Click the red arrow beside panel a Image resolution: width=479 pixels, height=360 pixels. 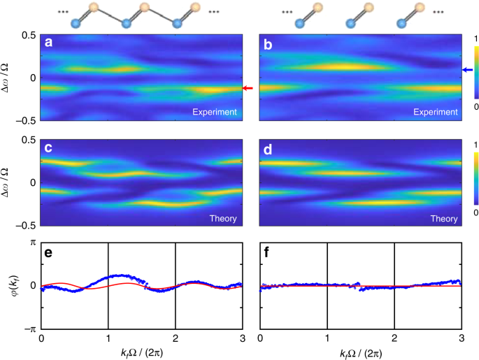(248, 88)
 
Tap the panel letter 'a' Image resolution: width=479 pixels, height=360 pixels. (48, 43)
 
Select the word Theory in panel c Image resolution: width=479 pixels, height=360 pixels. (222, 219)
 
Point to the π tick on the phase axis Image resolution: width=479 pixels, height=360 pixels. (32, 243)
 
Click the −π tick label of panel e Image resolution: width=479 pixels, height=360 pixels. (29, 329)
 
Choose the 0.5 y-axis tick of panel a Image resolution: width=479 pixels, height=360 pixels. (28, 35)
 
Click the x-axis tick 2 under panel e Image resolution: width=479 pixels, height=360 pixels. (175, 338)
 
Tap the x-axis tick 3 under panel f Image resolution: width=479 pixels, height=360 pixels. (461, 338)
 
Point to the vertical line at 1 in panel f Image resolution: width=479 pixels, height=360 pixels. (327, 285)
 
